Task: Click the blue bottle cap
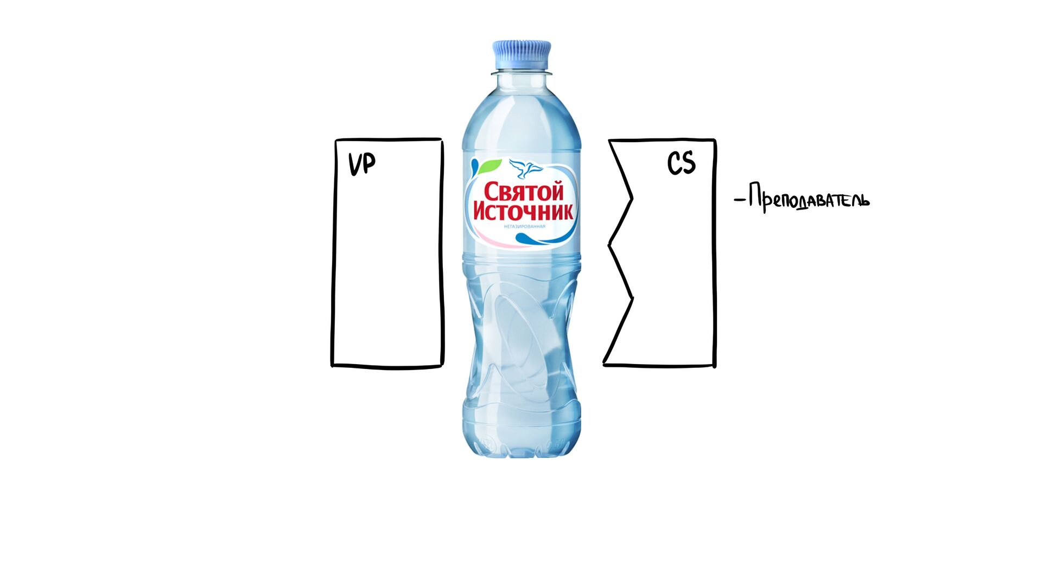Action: coord(522,55)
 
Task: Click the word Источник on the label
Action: coord(523,211)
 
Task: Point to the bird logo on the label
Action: coord(525,168)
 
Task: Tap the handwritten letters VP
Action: coord(361,164)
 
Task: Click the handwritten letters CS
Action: coord(681,163)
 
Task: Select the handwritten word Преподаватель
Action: coord(809,199)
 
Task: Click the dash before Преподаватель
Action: coord(739,200)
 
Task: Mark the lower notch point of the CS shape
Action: coord(633,297)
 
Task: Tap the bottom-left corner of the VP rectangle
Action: coord(333,365)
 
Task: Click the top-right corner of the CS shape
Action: coord(714,141)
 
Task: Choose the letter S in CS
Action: coord(688,163)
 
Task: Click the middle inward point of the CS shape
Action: coord(609,245)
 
